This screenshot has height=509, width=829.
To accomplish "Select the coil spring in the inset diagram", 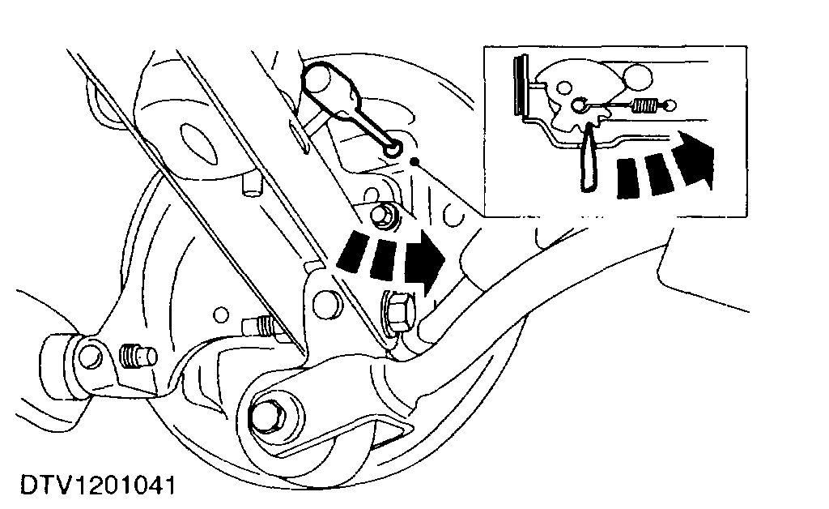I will [645, 105].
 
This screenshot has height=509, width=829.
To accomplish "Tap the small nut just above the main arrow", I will [381, 216].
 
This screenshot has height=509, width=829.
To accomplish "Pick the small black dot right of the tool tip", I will [415, 161].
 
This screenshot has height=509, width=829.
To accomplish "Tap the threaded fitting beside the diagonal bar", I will [261, 326].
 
